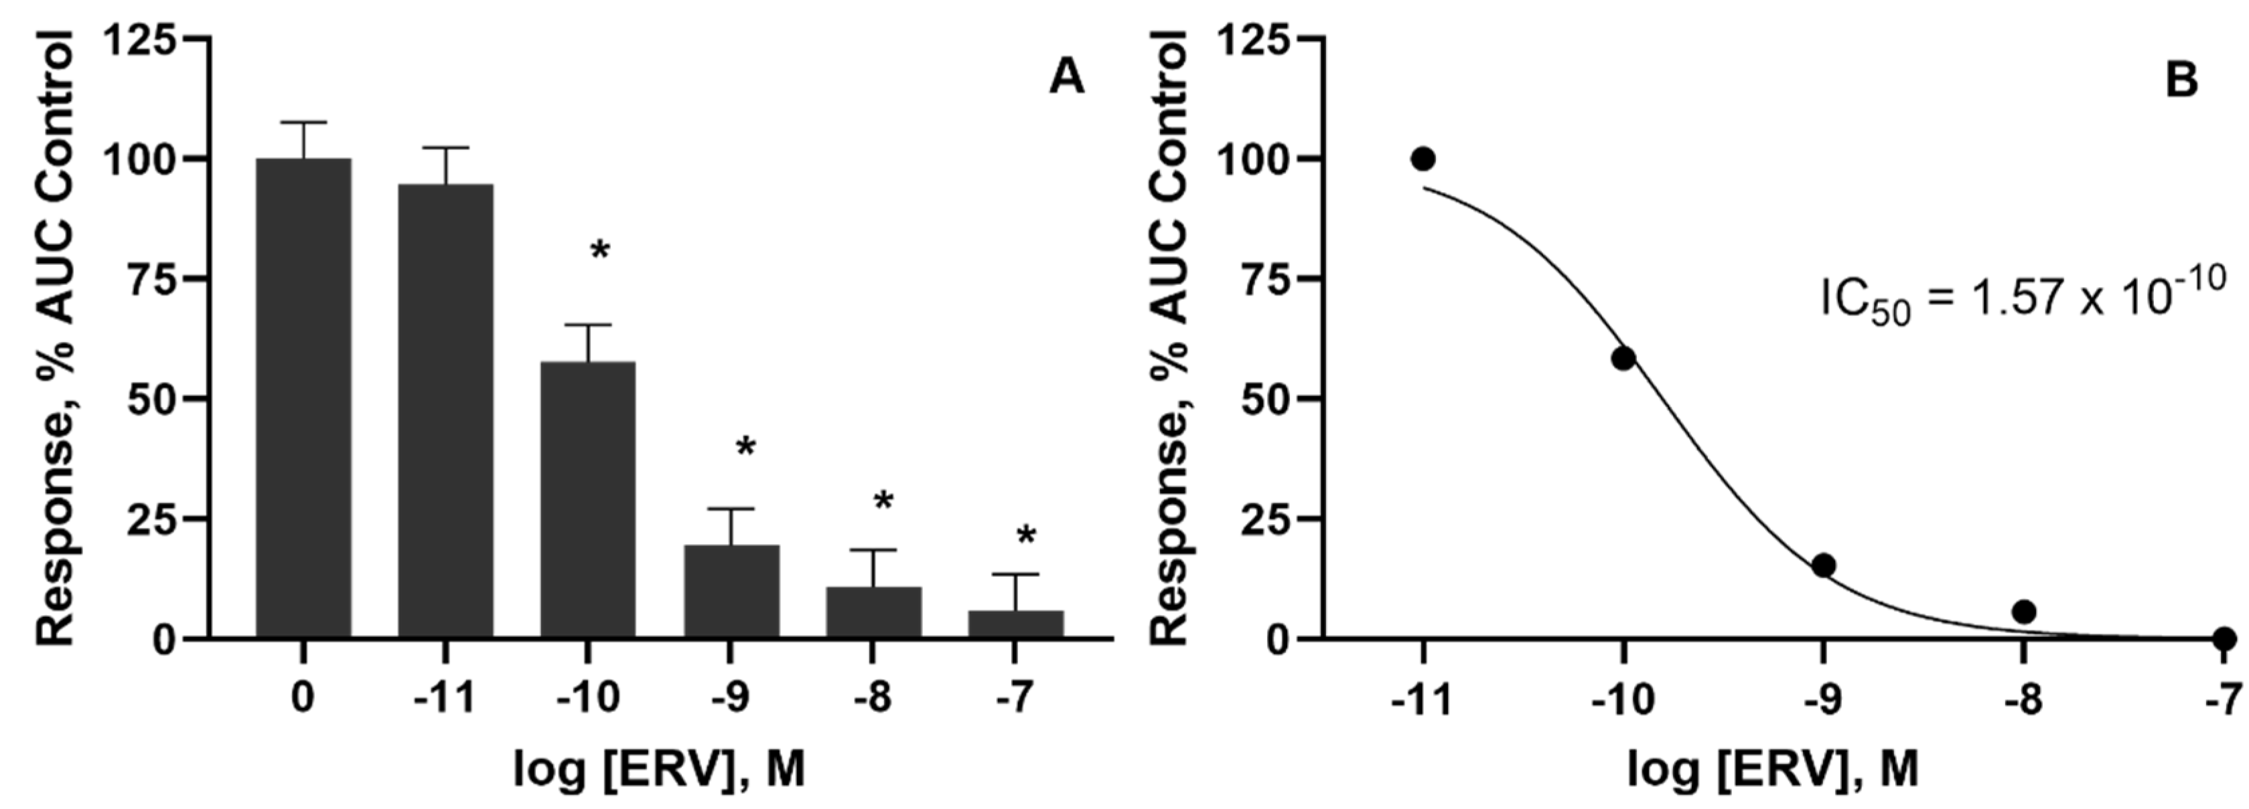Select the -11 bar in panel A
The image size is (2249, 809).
pyautogui.click(x=445, y=411)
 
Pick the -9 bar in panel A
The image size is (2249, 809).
pyautogui.click(x=731, y=592)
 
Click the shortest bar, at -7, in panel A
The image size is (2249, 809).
pyautogui.click(x=1015, y=624)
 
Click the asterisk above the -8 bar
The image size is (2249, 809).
pyautogui.click(x=883, y=503)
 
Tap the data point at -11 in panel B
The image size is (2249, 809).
pyautogui.click(x=1423, y=159)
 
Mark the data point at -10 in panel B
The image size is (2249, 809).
pyautogui.click(x=1623, y=358)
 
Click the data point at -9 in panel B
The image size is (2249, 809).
pyautogui.click(x=1823, y=565)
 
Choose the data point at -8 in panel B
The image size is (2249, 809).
pyautogui.click(x=2024, y=612)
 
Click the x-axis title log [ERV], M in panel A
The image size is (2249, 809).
pyautogui.click(x=658, y=770)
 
